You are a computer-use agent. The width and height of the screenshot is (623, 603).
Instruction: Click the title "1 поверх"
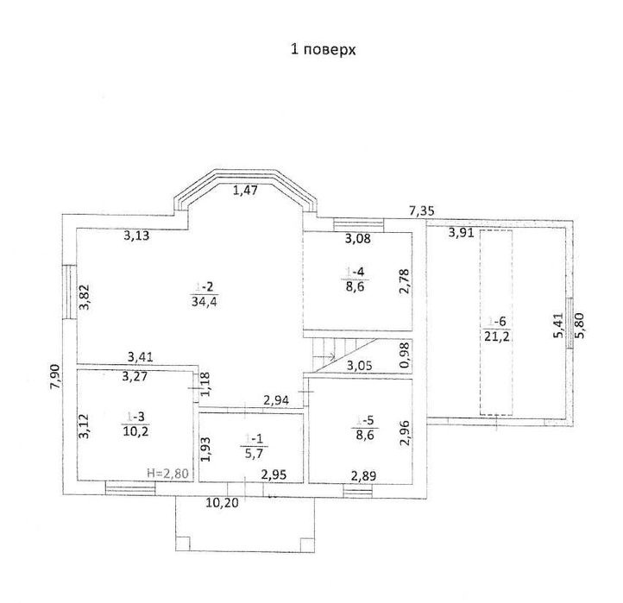[x=322, y=50]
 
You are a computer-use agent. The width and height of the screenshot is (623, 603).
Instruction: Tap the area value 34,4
[x=204, y=300]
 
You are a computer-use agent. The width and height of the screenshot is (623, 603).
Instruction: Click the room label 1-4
[x=355, y=273]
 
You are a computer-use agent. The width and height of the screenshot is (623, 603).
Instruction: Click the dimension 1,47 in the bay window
[x=244, y=192]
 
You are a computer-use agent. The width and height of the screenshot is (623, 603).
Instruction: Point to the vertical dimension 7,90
[x=53, y=377]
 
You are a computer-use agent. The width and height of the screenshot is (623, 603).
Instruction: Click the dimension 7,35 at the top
[x=421, y=210]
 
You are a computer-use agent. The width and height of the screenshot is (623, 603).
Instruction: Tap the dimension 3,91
[x=462, y=231]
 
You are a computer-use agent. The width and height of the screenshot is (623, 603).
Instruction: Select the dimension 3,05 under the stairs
[x=360, y=365]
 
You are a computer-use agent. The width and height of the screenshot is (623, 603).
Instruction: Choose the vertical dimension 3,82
[x=84, y=298]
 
